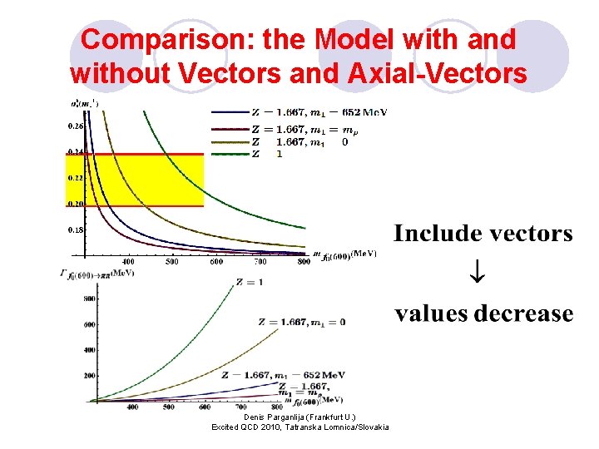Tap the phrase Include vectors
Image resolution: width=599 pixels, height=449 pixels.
click(483, 234)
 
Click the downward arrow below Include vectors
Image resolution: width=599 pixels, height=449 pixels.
click(483, 273)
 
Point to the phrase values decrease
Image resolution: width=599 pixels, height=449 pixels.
click(483, 313)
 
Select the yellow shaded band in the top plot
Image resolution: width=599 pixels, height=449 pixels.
click(133, 180)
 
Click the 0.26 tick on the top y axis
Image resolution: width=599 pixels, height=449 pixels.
click(75, 126)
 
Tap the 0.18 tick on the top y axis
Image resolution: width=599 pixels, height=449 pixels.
click(75, 229)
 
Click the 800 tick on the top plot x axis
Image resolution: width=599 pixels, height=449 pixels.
click(304, 262)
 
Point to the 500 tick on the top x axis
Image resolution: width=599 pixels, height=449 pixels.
click(171, 262)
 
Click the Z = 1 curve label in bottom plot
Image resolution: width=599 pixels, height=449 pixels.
click(250, 283)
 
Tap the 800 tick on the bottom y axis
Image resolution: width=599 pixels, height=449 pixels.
click(88, 298)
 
